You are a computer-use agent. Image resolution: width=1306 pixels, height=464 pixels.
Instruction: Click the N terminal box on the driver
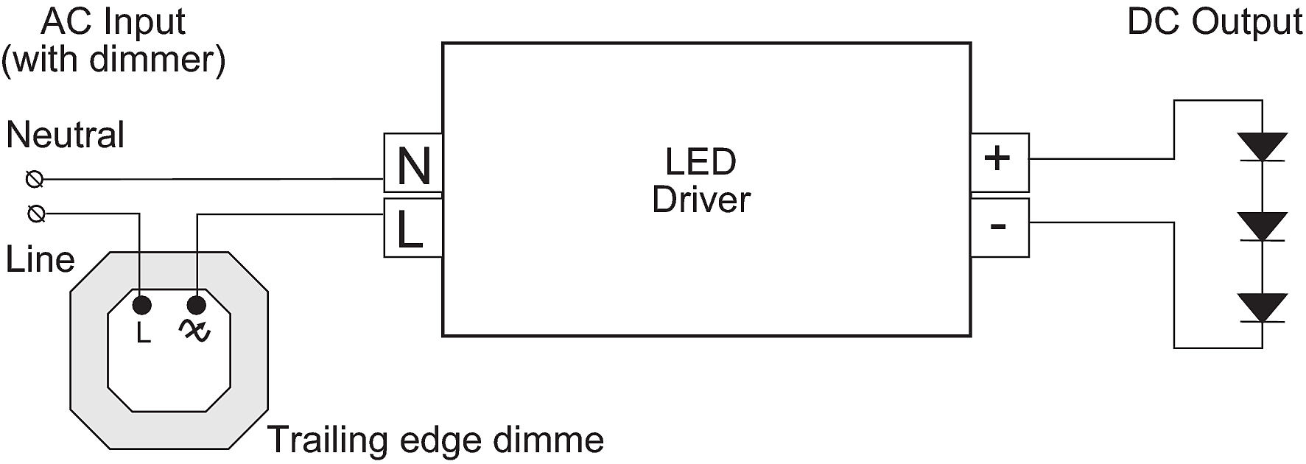point(412,164)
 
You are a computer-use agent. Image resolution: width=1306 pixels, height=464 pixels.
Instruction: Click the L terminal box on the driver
point(412,228)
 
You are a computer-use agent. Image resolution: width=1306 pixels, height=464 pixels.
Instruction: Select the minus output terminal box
point(999,225)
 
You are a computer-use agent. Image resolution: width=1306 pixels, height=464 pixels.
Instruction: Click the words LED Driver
point(701,180)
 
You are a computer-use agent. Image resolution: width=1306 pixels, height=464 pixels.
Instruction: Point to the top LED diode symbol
point(1262,147)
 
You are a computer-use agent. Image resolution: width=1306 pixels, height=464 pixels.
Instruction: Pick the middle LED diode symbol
point(1262,226)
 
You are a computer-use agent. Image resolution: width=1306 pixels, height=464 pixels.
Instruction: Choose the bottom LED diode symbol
point(1262,307)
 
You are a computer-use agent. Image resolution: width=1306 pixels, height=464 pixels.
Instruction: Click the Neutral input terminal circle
point(35,179)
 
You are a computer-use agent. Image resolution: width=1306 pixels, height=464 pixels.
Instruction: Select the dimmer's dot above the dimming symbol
point(197,305)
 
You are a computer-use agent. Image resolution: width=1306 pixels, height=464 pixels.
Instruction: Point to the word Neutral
point(65,136)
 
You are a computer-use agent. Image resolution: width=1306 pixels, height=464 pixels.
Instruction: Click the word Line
point(40,260)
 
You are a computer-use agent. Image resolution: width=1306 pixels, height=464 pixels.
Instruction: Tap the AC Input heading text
point(113,21)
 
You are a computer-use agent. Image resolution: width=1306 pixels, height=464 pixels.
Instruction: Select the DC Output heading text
point(1215,21)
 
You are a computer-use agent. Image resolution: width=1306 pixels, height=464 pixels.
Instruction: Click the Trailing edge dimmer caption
point(435,440)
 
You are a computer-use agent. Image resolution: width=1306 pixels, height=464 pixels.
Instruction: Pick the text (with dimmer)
point(113,59)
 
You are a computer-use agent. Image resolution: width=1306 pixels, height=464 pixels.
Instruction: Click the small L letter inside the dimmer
point(143,334)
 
